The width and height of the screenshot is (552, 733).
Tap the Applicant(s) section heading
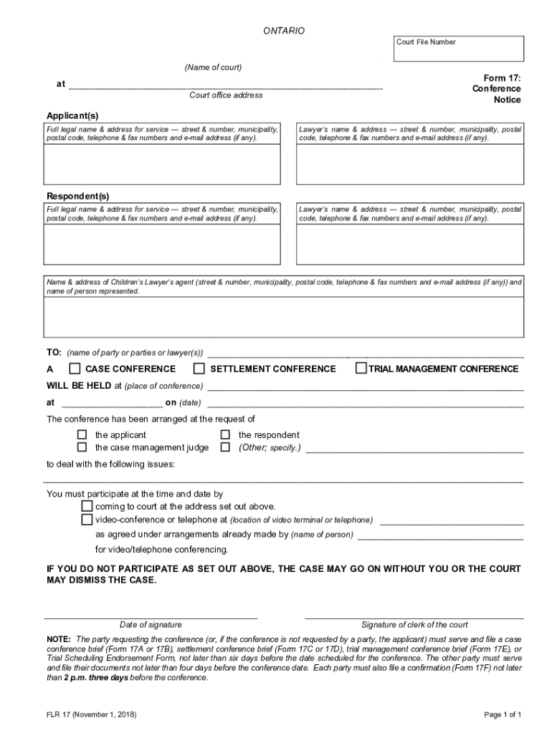(72, 115)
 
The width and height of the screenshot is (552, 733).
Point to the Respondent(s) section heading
(77, 195)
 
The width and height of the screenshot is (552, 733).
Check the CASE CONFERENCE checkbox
(75, 369)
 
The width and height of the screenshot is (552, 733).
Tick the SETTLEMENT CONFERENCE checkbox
(199, 369)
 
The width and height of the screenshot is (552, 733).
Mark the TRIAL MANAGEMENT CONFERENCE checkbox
(361, 369)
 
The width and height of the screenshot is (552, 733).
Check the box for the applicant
(82, 435)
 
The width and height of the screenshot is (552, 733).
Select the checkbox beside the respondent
(225, 435)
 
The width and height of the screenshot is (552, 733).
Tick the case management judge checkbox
(82, 447)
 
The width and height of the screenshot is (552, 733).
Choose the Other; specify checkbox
(225, 447)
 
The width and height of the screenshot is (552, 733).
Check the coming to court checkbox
(87, 506)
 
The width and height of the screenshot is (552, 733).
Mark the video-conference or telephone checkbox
(87, 519)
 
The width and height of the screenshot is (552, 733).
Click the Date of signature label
(151, 624)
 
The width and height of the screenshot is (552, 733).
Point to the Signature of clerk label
(414, 624)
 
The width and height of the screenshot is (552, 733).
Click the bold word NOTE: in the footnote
(59, 639)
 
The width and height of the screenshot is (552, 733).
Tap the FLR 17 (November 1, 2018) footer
(92, 714)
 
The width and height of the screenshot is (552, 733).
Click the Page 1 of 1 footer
(502, 714)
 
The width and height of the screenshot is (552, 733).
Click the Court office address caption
(226, 95)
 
